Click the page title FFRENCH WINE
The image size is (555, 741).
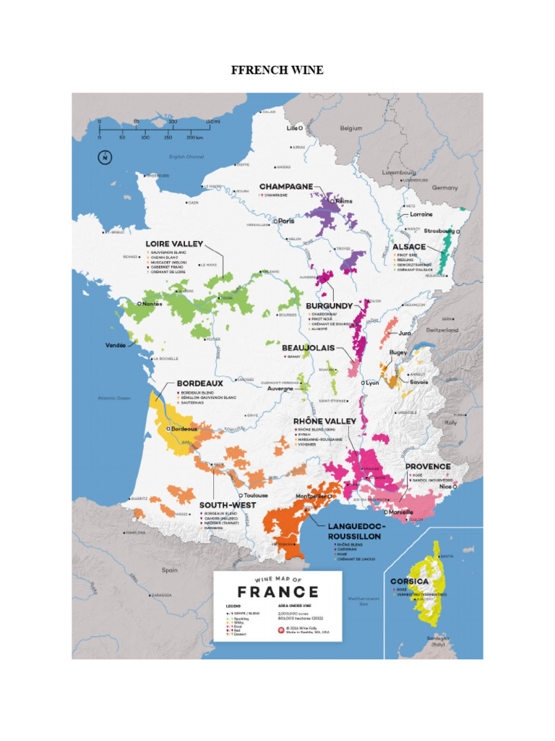(x=277, y=70)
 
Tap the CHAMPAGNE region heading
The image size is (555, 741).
(x=286, y=187)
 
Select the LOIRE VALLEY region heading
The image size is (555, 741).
(x=174, y=244)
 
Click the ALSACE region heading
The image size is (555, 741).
(x=409, y=247)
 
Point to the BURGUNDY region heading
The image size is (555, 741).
(x=329, y=306)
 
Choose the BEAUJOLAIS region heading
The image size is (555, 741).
(x=308, y=348)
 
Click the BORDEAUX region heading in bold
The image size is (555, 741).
(x=199, y=383)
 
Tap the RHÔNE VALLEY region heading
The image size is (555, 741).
(x=324, y=421)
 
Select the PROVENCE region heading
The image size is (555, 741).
(x=428, y=467)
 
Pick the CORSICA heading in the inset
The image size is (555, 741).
(x=410, y=581)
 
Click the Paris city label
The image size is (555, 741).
(x=286, y=221)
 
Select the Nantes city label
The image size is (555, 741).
(x=151, y=304)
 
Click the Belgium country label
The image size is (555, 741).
(x=351, y=128)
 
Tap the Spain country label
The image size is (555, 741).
(x=170, y=570)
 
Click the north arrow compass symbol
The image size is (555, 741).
(x=105, y=157)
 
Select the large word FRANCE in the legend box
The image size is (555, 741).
(x=277, y=591)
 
